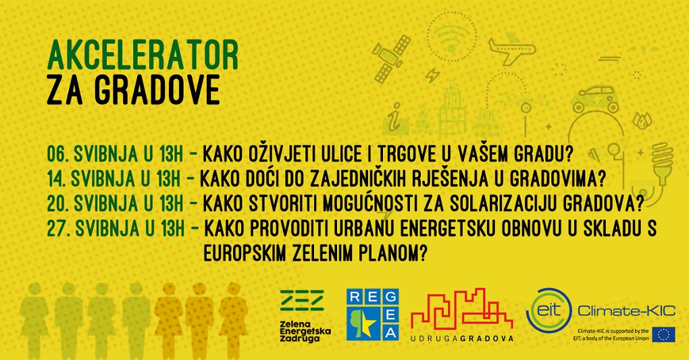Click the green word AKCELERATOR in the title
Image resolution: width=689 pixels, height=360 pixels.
(x=143, y=55)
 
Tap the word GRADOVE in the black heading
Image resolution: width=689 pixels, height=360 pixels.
(x=157, y=90)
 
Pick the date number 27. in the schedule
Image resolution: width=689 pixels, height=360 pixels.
(x=59, y=228)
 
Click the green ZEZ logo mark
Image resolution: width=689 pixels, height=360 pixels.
(x=302, y=300)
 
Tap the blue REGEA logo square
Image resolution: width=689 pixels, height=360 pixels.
(x=373, y=315)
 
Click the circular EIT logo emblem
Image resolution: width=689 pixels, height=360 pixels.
(x=548, y=310)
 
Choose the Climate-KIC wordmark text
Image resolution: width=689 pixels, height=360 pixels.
(x=626, y=311)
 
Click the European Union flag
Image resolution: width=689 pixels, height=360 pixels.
(x=664, y=334)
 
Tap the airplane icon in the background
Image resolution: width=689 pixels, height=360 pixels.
(x=511, y=49)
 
